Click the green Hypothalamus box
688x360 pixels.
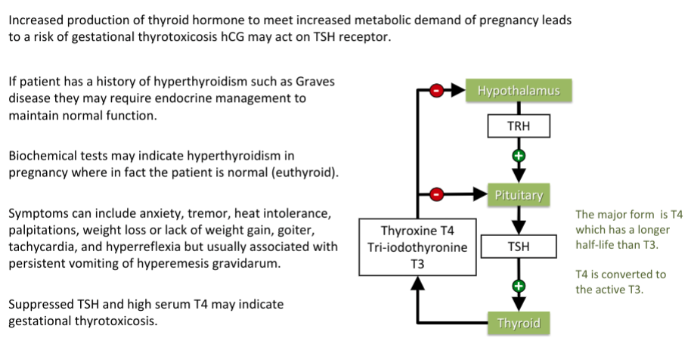[x=519, y=91]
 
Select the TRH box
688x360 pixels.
[x=519, y=126]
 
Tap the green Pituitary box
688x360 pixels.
[x=519, y=195]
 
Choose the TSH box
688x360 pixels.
[x=519, y=246]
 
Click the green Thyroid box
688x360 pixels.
[x=519, y=323]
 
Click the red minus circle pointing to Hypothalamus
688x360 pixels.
[x=437, y=92]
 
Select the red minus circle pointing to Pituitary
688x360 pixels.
[x=437, y=195]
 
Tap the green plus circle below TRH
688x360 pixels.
[x=519, y=157]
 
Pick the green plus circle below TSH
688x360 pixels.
[x=519, y=286]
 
